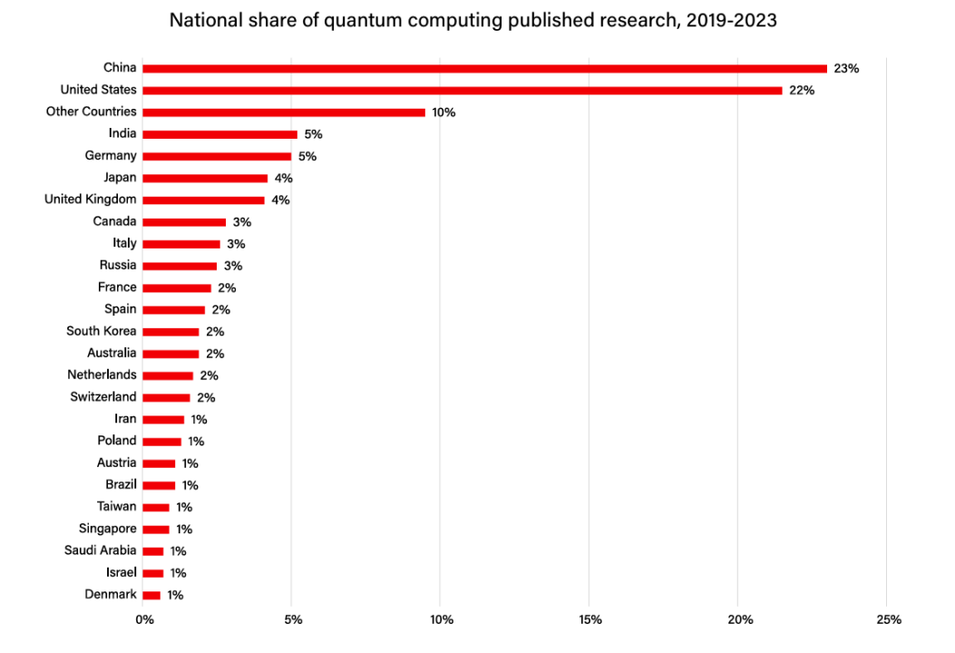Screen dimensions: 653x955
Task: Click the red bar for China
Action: [484, 68]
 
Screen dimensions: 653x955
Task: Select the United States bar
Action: [462, 90]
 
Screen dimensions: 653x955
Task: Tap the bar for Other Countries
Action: [284, 112]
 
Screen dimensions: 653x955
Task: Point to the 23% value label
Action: [846, 68]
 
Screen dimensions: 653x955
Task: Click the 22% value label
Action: [802, 91]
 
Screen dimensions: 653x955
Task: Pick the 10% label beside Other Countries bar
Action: [443, 112]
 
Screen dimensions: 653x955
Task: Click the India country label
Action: [122, 133]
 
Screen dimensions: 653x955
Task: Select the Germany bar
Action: [217, 156]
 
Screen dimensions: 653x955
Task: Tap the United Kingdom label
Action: [91, 199]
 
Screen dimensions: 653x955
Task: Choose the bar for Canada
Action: [184, 221]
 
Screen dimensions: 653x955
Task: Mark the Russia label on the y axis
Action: [118, 265]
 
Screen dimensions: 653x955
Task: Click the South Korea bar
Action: [171, 331]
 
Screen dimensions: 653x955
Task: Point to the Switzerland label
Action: [103, 396]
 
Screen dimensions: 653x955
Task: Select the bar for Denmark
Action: [151, 595]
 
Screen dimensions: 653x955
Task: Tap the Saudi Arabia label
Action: [101, 551]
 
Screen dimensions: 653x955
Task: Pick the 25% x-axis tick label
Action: [889, 620]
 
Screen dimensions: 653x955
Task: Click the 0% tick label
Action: [144, 620]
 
